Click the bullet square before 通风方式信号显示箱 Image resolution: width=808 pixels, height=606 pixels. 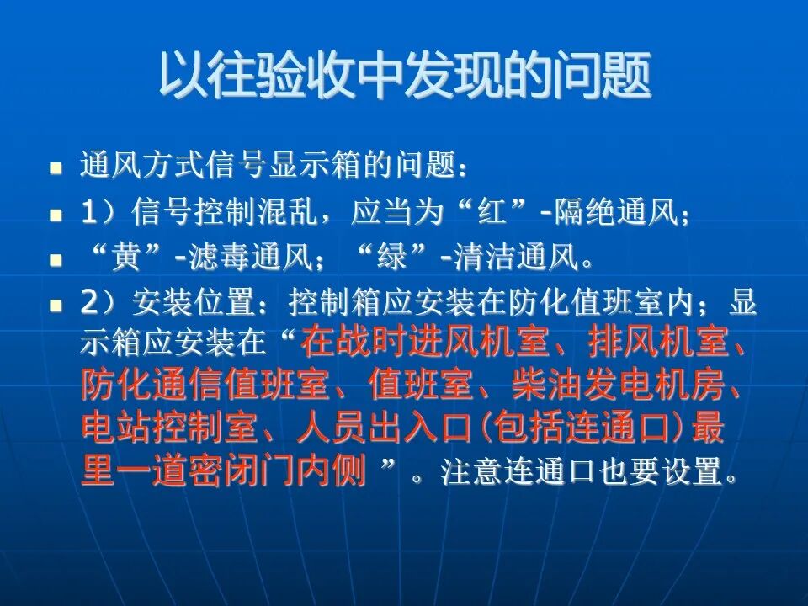56,167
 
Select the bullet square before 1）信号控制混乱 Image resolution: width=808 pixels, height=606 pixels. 56,215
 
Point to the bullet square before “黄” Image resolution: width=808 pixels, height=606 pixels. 56,262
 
